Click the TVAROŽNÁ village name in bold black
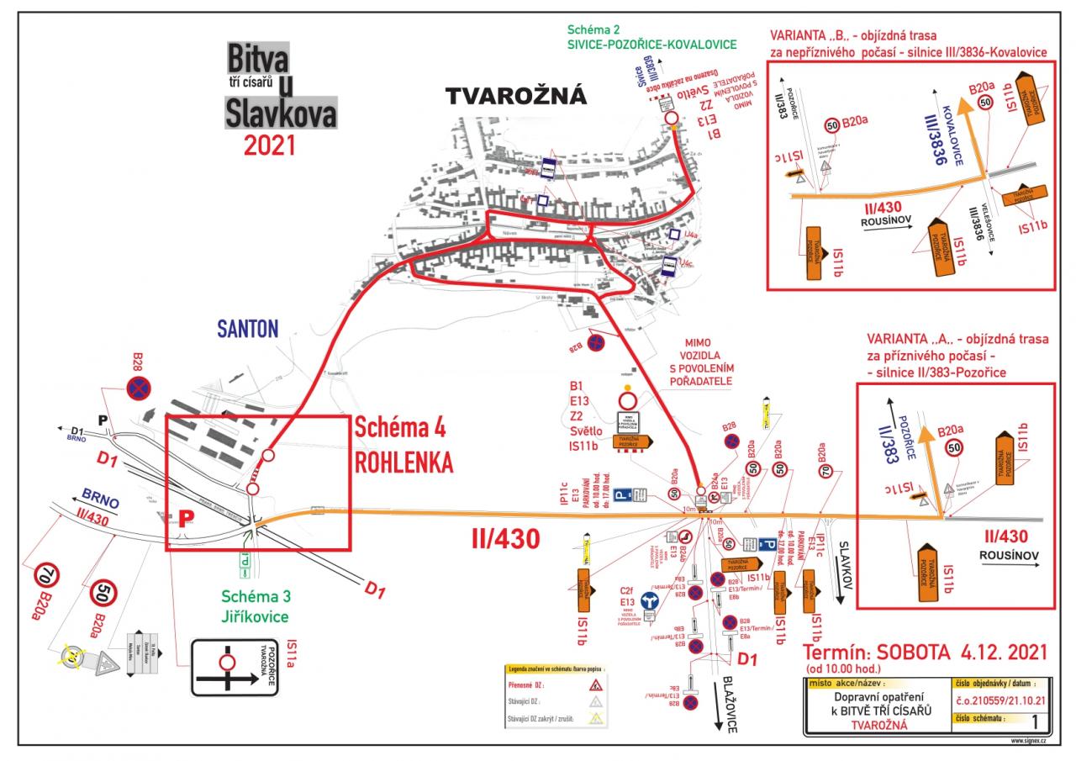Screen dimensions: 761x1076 pos(515,97)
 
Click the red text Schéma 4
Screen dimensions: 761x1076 pos(400,427)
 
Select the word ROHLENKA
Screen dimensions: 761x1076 pos(403,462)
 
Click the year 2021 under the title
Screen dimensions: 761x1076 pos(270,145)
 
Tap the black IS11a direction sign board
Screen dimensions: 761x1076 pos(237,668)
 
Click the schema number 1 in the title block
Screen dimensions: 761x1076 pos(1033,721)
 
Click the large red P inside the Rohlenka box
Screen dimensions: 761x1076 pos(181,519)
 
